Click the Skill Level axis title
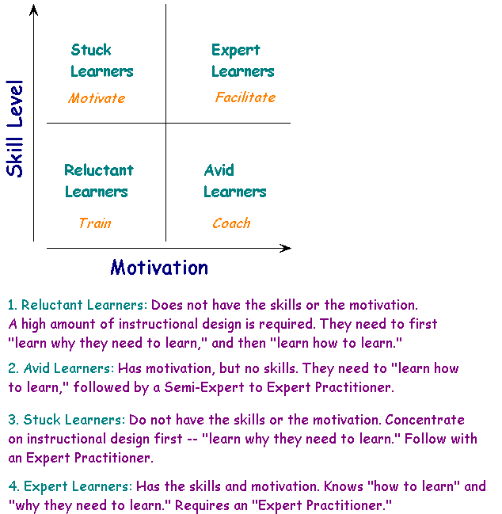[15, 129]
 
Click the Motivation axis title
[159, 267]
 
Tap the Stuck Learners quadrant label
[102, 61]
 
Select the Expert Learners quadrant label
[242, 61]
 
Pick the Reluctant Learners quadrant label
[99, 181]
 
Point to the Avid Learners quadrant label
[234, 181]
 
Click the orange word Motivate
[97, 98]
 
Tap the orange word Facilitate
[245, 97]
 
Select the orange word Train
[95, 223]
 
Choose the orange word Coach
[231, 223]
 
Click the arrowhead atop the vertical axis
[33, 10]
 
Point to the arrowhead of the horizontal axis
[285, 248]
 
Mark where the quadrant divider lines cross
[165, 124]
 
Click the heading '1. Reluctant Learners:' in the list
[78, 305]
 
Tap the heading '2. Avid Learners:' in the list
[61, 368]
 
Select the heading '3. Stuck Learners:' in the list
[67, 420]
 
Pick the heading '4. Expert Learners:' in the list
[70, 486]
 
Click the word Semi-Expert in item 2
[204, 387]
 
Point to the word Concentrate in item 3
[424, 420]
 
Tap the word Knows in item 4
[344, 486]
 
